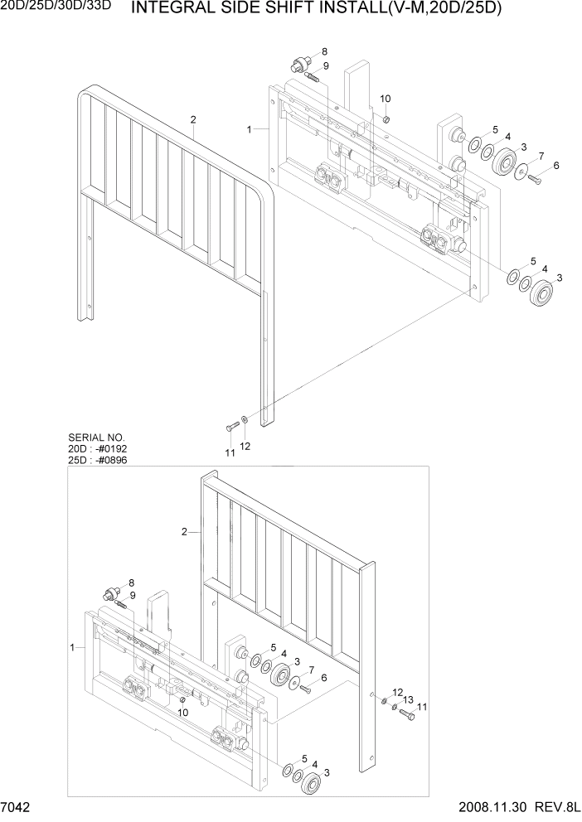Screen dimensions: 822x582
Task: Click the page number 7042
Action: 17,809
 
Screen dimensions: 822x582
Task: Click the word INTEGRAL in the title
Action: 174,9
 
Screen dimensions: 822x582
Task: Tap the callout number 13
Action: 408,699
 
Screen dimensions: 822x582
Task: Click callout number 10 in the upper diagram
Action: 385,99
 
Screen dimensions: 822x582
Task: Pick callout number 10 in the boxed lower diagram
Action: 183,712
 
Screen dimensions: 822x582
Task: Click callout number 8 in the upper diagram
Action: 324,52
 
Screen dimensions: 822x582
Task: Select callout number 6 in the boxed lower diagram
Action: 323,677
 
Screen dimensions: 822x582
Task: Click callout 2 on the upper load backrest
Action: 192,119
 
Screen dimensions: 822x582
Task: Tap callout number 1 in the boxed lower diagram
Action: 74,646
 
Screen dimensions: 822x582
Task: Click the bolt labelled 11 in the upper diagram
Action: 230,426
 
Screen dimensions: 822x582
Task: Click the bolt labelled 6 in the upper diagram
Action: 533,179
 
